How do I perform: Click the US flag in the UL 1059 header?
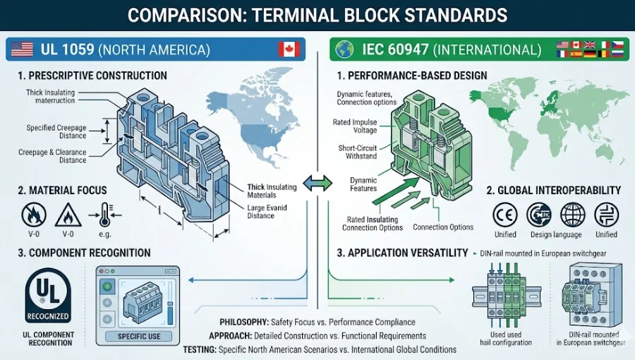pos(23,49)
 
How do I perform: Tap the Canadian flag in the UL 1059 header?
pos(290,49)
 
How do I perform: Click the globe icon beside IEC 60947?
pos(345,49)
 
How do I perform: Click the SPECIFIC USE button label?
pos(140,336)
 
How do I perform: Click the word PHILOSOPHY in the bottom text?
pos(244,323)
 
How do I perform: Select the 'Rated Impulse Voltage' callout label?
pos(355,126)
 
